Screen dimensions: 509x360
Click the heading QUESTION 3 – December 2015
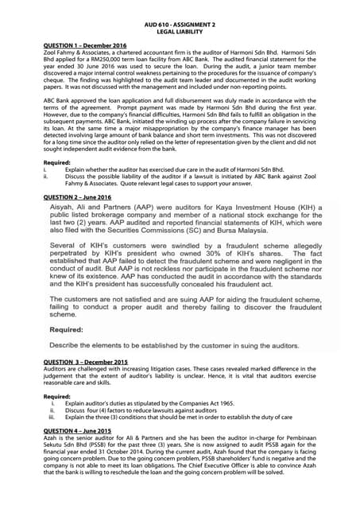pyautogui.click(x=85, y=363)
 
